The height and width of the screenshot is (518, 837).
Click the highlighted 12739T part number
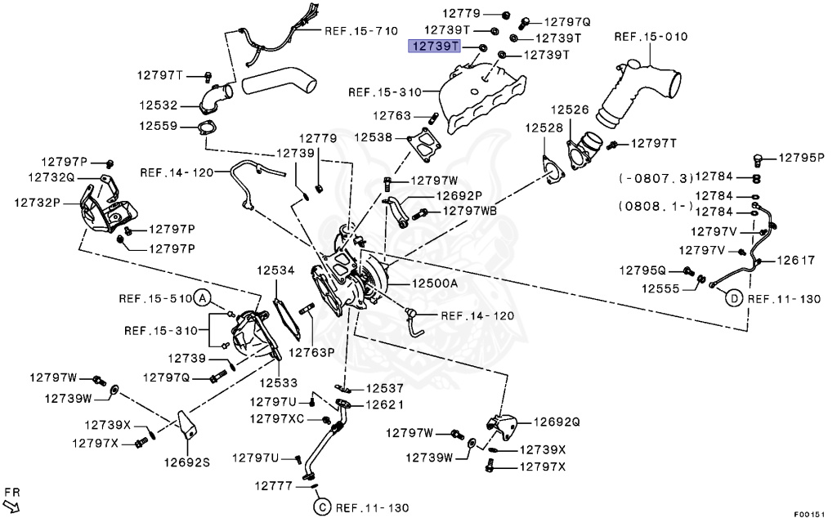click(435, 46)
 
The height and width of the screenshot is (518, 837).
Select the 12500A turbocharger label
click(435, 283)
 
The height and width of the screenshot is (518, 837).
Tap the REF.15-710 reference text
click(360, 31)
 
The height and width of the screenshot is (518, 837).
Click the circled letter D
click(734, 299)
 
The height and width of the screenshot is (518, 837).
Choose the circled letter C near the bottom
click(320, 507)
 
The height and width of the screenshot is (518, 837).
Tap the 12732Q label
click(51, 176)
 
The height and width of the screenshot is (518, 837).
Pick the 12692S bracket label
click(188, 462)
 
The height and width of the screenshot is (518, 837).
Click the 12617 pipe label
click(796, 261)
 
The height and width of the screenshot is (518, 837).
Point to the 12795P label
click(800, 158)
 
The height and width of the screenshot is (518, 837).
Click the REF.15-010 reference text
click(651, 37)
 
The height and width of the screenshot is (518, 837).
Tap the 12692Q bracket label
click(557, 422)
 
